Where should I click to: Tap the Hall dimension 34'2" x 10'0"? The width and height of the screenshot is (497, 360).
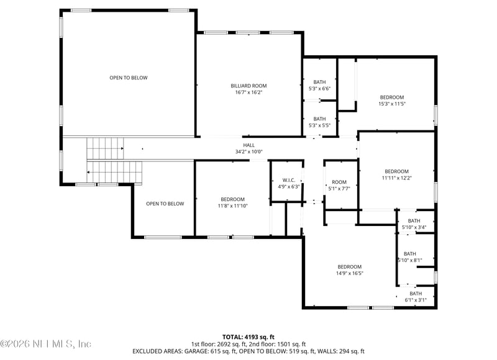pyautogui.click(x=249, y=151)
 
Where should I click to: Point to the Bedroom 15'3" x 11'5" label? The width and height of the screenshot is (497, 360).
pyautogui.click(x=392, y=101)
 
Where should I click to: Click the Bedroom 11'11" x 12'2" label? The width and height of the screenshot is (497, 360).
pyautogui.click(x=397, y=174)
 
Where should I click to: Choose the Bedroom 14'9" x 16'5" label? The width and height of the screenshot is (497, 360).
pyautogui.click(x=350, y=270)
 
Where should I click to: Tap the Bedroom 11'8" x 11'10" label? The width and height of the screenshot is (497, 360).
pyautogui.click(x=232, y=202)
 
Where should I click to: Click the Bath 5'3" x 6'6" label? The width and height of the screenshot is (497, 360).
pyautogui.click(x=319, y=85)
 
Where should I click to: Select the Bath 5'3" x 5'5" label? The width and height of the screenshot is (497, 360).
pyautogui.click(x=319, y=122)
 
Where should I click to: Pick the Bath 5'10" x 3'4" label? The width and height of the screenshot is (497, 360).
pyautogui.click(x=414, y=224)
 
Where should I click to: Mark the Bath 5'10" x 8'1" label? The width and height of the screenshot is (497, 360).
pyautogui.click(x=410, y=257)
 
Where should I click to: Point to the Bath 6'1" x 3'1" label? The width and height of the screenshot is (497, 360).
pyautogui.click(x=416, y=297)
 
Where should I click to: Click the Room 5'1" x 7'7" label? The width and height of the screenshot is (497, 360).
pyautogui.click(x=339, y=185)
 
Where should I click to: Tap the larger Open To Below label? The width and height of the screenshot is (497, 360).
pyautogui.click(x=129, y=78)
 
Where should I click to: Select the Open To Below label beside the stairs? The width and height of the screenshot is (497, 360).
pyautogui.click(x=165, y=204)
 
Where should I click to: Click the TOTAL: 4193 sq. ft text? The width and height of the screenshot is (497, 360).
pyautogui.click(x=248, y=337)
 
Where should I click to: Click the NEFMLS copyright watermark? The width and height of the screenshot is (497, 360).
pyautogui.click(x=46, y=343)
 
